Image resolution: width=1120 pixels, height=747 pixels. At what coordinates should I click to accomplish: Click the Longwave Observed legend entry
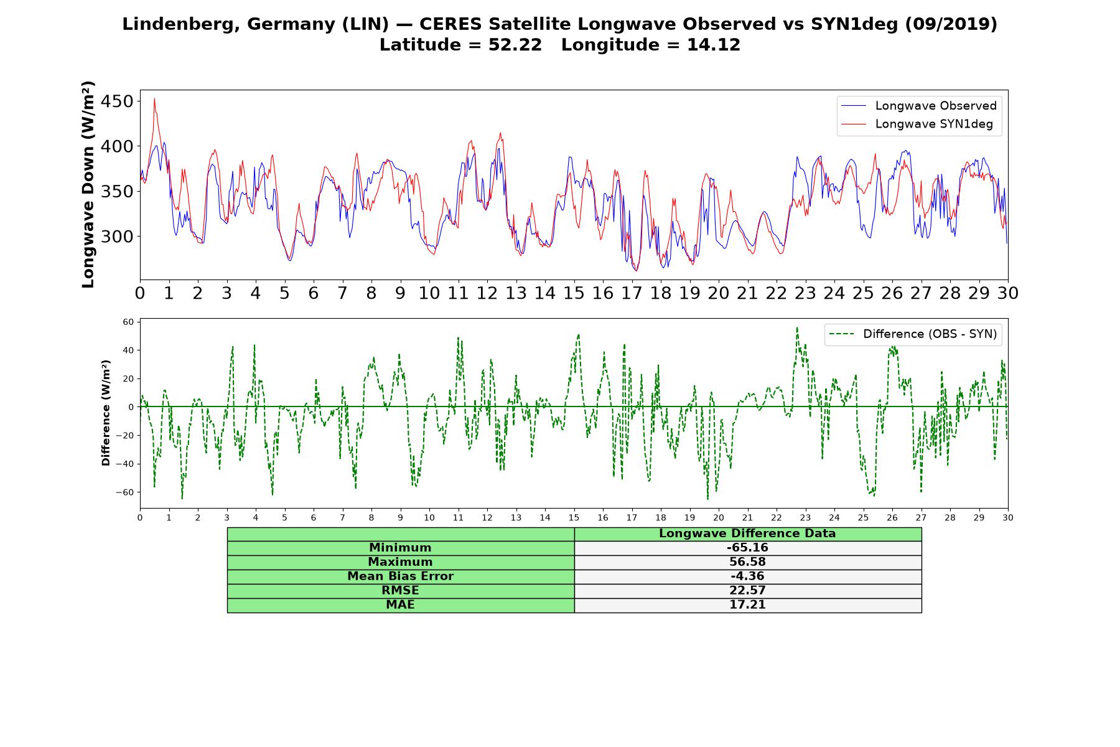coord(918,106)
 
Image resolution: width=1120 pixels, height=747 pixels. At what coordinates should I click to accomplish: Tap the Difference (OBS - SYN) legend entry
coord(913,334)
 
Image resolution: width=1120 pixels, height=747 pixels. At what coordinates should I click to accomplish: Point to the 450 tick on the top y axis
coord(118,101)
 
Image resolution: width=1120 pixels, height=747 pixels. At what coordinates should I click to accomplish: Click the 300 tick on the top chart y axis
coord(118,237)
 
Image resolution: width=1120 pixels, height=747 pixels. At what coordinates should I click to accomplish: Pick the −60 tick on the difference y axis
coord(124,492)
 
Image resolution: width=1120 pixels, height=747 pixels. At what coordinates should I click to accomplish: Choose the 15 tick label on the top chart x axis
coord(574,293)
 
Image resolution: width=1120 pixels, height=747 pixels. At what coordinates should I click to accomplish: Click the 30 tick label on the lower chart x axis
coord(1008,517)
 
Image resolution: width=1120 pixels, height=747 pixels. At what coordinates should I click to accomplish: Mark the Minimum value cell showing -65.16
coord(747,548)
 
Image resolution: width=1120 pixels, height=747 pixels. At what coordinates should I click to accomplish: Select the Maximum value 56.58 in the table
coord(747,562)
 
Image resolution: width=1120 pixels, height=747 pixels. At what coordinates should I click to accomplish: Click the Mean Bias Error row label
coord(400,576)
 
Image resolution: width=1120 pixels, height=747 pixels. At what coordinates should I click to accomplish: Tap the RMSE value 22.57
coord(747,591)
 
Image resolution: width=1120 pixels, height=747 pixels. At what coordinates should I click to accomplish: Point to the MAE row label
coord(400,605)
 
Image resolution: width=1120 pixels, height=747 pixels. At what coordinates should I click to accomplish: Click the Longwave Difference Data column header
coord(747,533)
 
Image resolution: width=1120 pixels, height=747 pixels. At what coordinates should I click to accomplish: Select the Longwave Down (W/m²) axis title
coord(88,184)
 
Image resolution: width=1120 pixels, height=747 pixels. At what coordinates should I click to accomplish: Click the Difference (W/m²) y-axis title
coord(106,413)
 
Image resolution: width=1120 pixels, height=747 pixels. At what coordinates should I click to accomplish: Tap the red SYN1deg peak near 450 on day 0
coord(154,98)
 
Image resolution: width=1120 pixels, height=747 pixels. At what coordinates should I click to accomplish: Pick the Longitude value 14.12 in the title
coord(714,45)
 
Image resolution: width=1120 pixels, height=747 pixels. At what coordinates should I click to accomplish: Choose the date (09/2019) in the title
coord(950,24)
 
